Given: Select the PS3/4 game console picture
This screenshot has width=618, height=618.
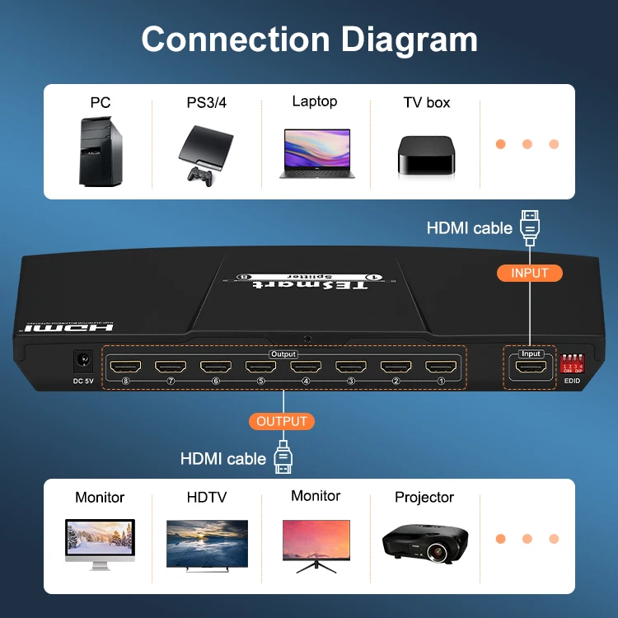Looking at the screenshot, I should [205, 144].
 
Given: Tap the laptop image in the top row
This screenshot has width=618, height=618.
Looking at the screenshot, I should [316, 152].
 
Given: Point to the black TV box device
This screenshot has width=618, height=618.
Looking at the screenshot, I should [425, 156].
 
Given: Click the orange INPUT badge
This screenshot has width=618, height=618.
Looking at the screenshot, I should [530, 273].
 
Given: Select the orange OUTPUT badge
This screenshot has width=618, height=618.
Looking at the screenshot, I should [282, 421].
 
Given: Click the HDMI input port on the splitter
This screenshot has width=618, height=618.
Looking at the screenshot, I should [530, 368].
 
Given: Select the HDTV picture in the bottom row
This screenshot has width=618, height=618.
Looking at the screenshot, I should [207, 543].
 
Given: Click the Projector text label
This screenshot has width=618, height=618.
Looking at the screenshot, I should [424, 498].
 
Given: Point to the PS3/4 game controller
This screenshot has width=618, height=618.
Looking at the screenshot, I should [198, 174].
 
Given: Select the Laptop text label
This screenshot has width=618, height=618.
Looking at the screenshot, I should [315, 101].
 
